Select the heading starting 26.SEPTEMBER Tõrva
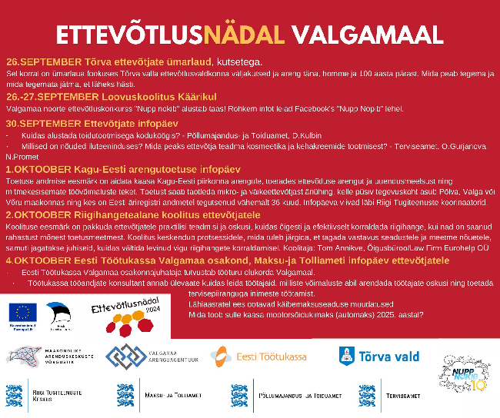(x=135, y=61)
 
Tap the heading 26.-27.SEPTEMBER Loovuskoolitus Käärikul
(x=111, y=97)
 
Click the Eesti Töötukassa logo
(x=258, y=357)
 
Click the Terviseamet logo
(x=400, y=393)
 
